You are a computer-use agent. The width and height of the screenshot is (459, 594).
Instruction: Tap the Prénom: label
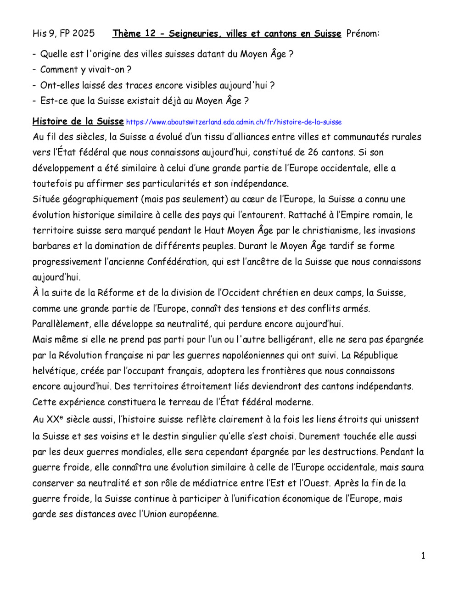pyautogui.click(x=363, y=34)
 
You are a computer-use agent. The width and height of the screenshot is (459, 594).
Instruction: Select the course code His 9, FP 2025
pyautogui.click(x=64, y=34)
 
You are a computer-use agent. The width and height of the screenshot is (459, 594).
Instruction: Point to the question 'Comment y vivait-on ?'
pyautogui.click(x=85, y=70)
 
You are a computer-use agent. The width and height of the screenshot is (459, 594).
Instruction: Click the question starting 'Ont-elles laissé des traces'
pyautogui.click(x=157, y=85)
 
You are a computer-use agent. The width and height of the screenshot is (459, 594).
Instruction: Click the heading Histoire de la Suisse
pyautogui.click(x=78, y=122)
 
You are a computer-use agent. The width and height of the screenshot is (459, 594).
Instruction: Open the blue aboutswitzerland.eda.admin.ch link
pyautogui.click(x=234, y=122)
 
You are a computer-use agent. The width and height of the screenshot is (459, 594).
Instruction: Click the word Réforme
pyautogui.click(x=113, y=293)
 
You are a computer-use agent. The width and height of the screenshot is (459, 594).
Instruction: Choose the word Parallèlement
pyautogui.click(x=61, y=324)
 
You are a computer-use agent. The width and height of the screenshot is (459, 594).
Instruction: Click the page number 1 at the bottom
pyautogui.click(x=423, y=556)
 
